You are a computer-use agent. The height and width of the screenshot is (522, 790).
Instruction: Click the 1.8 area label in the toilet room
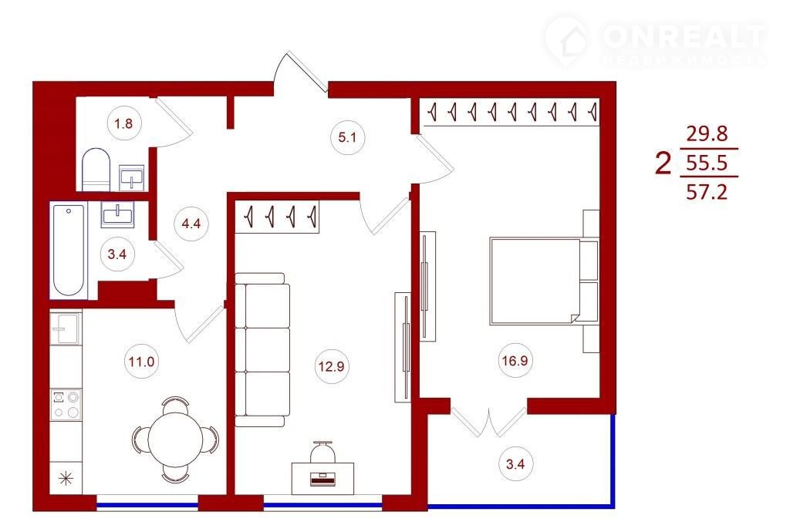click(123, 123)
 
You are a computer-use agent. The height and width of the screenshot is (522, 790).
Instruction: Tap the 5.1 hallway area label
click(347, 137)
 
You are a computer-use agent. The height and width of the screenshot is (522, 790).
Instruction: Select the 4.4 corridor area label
click(191, 223)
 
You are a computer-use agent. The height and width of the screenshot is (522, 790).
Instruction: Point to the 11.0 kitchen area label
click(142, 361)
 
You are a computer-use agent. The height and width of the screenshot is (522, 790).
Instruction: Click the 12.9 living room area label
click(331, 366)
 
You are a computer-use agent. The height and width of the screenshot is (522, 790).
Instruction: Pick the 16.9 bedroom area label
click(515, 360)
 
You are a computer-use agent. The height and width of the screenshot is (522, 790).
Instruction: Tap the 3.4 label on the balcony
click(515, 463)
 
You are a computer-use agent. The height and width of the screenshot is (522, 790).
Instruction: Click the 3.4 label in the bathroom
click(117, 254)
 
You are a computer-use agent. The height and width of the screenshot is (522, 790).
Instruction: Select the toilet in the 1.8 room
click(96, 169)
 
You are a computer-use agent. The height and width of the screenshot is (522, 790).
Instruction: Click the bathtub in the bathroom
click(69, 250)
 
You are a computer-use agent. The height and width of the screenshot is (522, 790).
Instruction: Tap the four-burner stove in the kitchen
click(66, 405)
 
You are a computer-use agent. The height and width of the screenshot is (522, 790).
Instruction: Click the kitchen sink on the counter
click(66, 328)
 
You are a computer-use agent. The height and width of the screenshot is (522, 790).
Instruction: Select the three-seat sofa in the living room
click(262, 350)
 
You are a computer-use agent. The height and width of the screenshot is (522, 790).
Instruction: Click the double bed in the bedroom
click(537, 281)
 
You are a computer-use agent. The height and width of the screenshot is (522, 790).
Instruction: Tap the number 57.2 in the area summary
click(707, 192)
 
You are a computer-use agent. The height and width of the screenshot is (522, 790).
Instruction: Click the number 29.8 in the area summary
click(707, 134)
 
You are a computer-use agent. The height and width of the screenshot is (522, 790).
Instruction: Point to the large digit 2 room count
click(663, 163)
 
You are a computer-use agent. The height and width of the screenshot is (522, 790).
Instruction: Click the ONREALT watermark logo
click(655, 42)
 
